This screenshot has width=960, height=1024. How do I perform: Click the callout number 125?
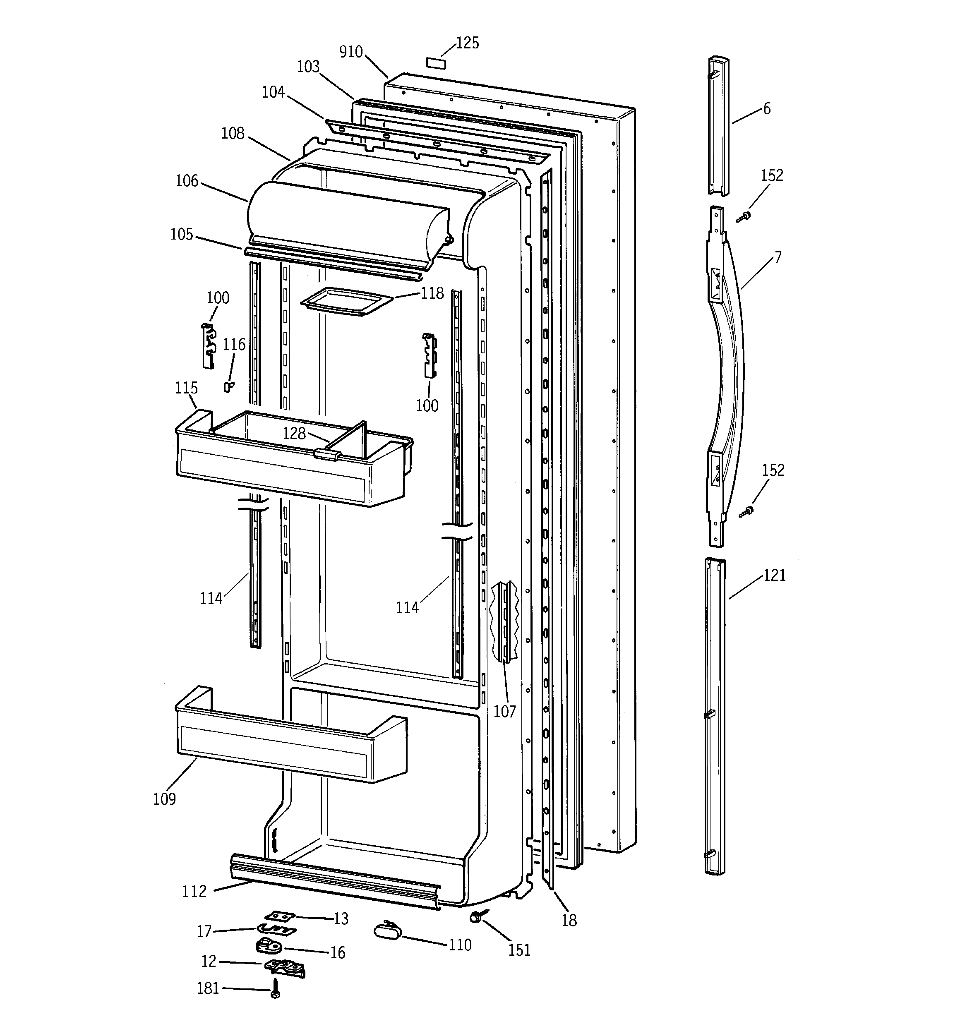pos(467,43)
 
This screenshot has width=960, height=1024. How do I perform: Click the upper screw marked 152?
pos(744,217)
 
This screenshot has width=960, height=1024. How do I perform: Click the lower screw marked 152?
pos(746,511)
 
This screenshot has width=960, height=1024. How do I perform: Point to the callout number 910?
pos(351,52)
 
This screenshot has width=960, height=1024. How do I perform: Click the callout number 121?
pos(774,576)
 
